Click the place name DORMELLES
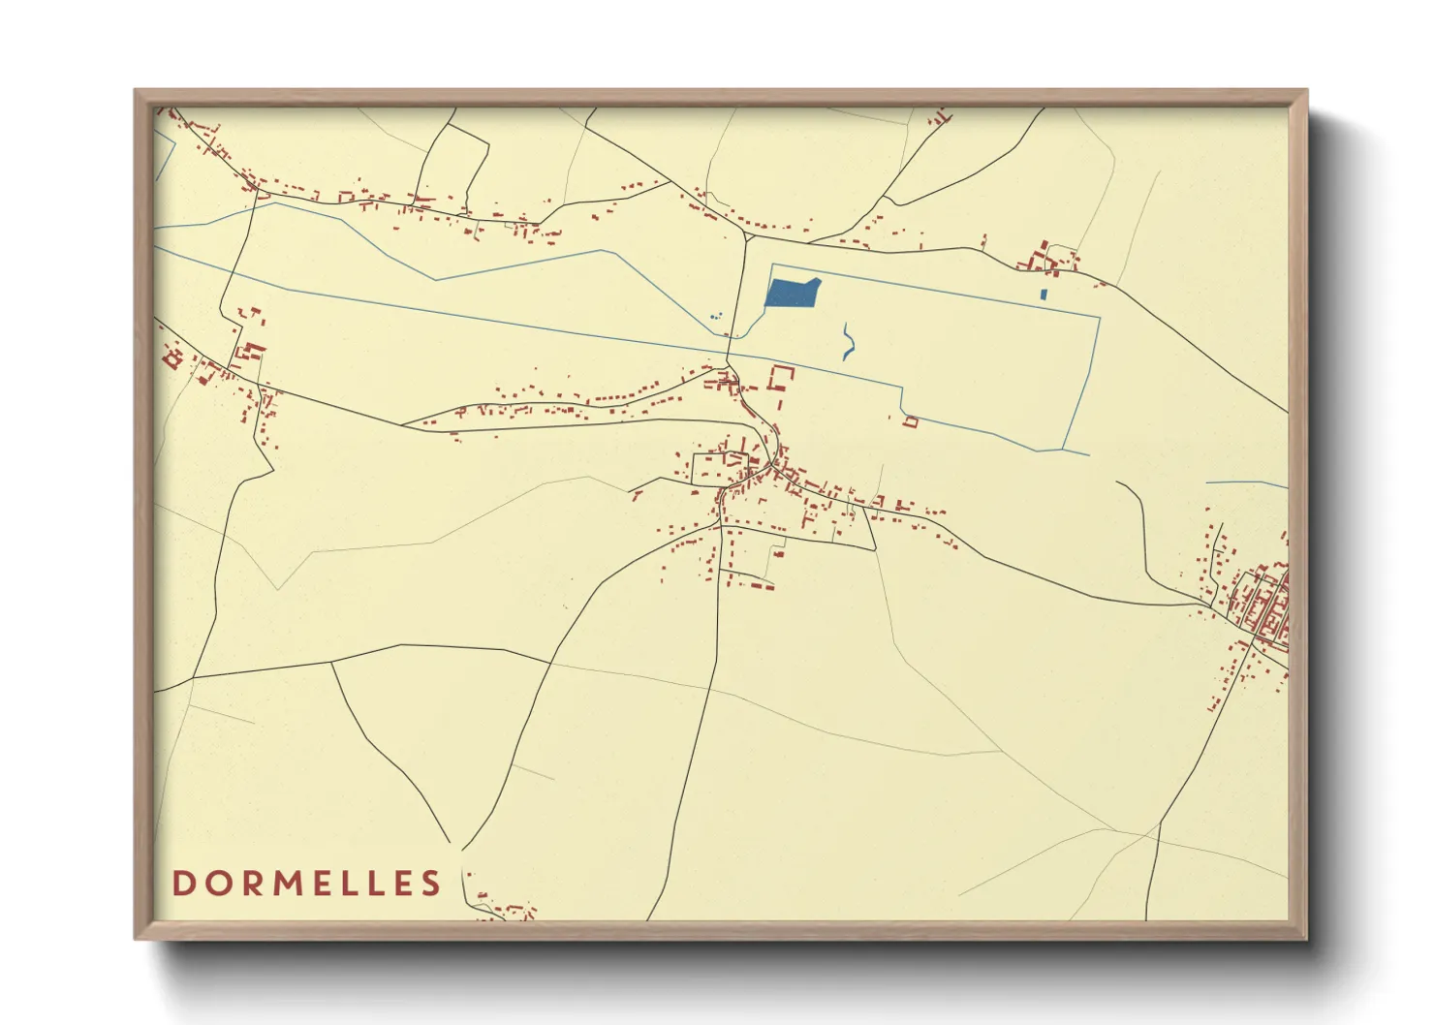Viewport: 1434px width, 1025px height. point(306,883)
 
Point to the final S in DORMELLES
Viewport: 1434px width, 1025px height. point(431,883)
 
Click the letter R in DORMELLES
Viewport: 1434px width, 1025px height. point(246,883)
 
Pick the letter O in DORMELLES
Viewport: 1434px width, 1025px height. point(214,883)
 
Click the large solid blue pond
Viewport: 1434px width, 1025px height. point(793,293)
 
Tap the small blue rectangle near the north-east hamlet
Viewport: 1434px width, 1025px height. point(1044,294)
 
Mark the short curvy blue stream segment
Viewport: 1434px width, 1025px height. point(849,341)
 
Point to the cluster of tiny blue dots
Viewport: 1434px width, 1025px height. point(716,316)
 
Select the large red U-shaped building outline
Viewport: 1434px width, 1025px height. point(781,378)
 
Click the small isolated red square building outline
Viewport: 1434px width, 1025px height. point(910,421)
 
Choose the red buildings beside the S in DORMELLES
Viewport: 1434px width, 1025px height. point(504,912)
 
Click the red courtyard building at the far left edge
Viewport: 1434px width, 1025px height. point(173,359)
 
